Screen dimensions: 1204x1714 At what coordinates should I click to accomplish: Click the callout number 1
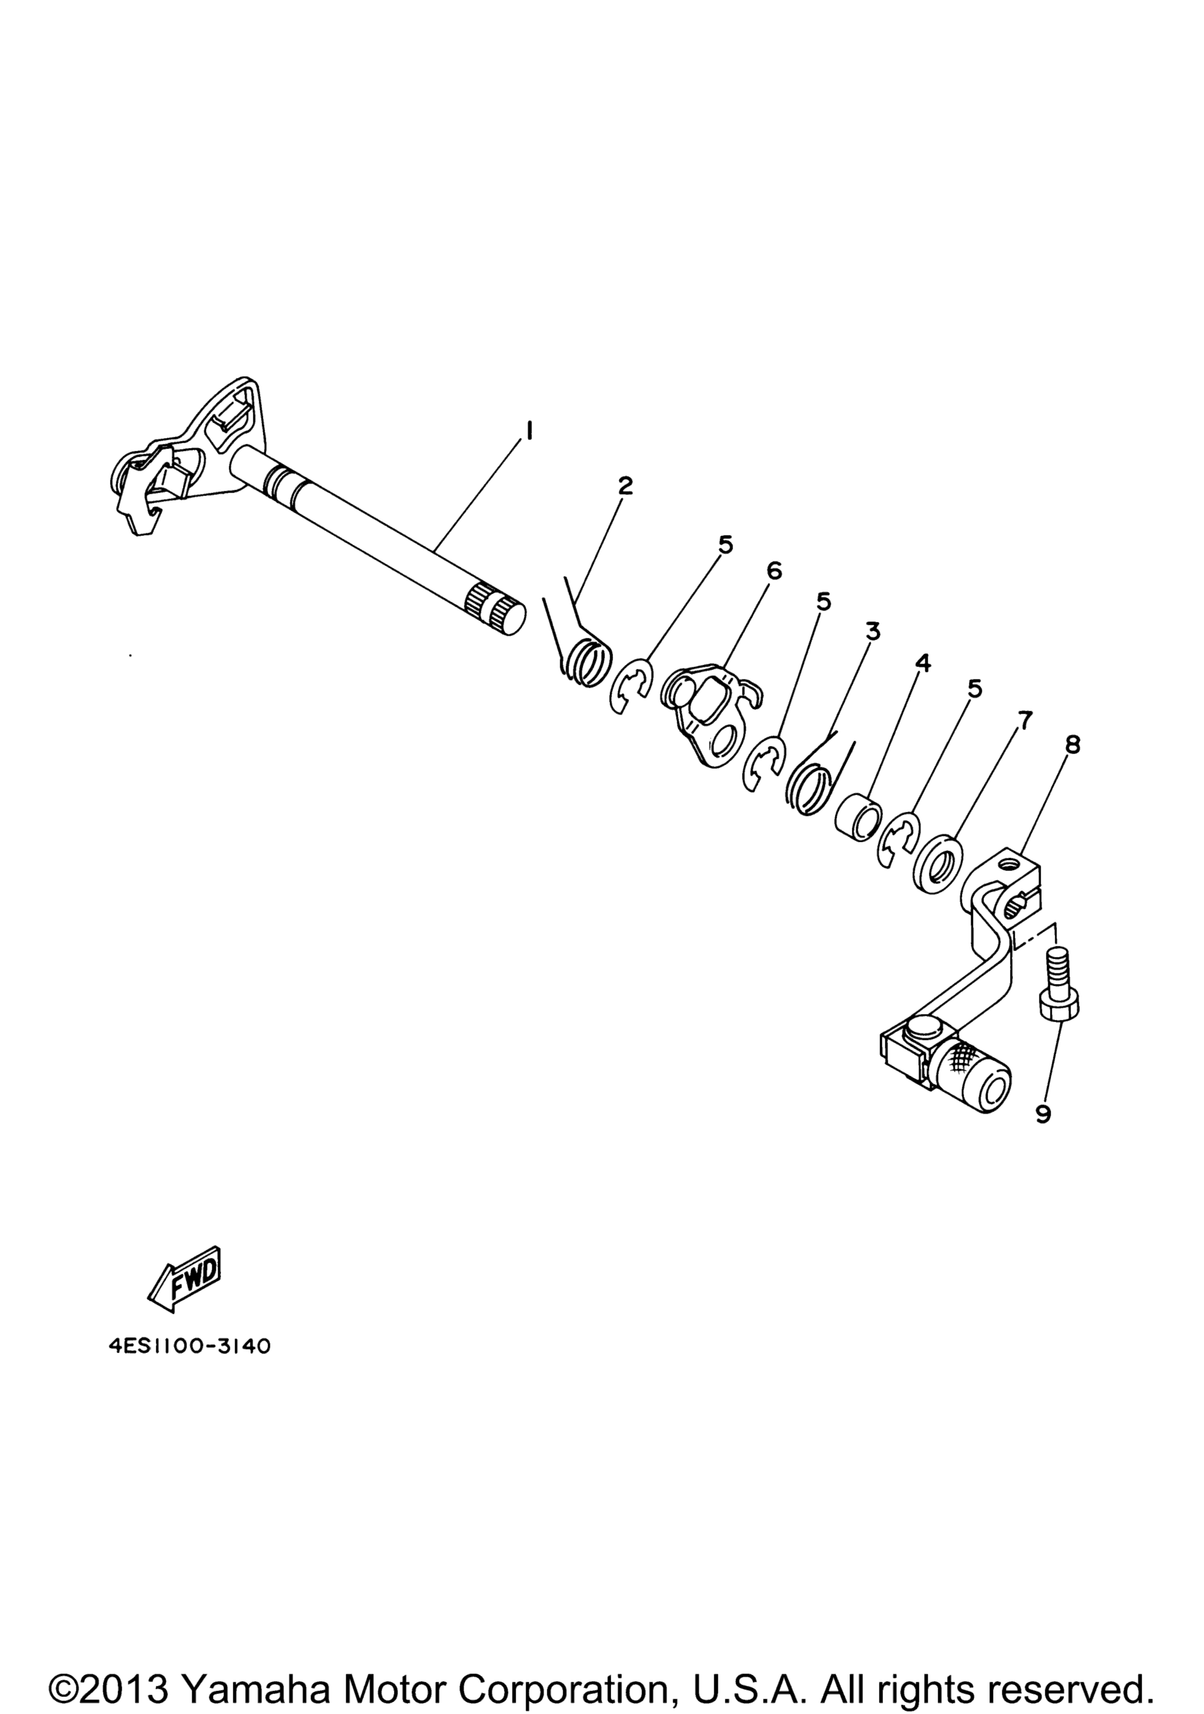click(x=529, y=431)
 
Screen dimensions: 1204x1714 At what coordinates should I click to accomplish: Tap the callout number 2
click(x=625, y=486)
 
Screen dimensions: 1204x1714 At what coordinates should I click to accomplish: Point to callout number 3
click(x=872, y=631)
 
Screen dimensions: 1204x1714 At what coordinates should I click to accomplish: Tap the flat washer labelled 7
click(x=938, y=862)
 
